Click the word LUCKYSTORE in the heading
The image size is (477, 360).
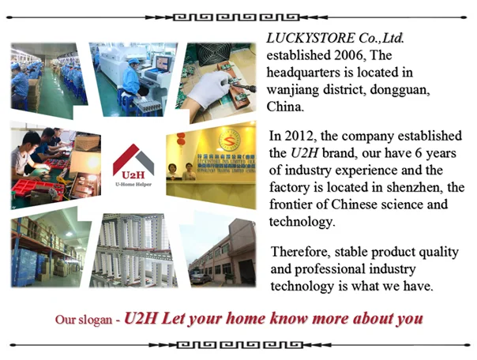(310, 38)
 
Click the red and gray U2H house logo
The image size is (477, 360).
(133, 161)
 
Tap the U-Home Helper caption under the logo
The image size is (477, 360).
(133, 184)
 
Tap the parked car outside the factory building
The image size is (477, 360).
(200, 278)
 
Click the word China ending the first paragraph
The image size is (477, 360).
(285, 107)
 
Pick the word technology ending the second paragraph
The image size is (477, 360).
(302, 222)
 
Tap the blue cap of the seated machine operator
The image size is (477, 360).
(133, 61)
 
